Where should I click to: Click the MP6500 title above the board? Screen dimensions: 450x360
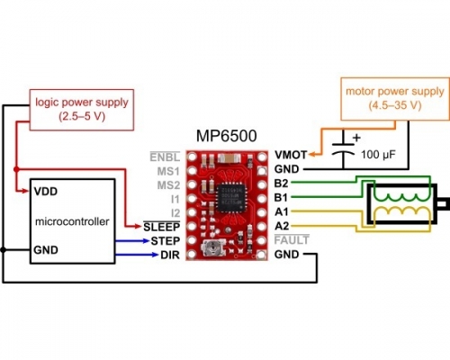[227, 136]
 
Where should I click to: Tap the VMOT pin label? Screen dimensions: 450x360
[291, 155]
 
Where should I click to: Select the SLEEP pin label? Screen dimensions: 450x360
[161, 227]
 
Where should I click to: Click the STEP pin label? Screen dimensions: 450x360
[166, 241]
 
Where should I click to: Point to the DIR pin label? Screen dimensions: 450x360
[170, 255]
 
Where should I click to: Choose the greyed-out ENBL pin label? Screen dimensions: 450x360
[165, 157]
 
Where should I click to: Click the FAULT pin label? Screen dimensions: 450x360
[292, 240]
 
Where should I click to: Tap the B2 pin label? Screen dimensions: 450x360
[281, 184]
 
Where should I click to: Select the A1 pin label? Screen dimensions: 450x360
[281, 211]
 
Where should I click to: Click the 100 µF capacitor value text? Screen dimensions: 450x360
[378, 155]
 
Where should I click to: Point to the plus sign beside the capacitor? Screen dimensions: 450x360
[356, 138]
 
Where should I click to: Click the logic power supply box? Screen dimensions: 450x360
[82, 110]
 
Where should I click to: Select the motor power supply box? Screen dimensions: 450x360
[395, 99]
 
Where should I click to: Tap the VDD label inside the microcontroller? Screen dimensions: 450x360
[46, 192]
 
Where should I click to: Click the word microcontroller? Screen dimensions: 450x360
[72, 221]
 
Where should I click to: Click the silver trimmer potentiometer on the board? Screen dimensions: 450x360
[213, 248]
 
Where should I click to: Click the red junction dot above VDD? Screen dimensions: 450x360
[16, 169]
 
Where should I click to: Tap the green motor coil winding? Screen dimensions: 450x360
[401, 197]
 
